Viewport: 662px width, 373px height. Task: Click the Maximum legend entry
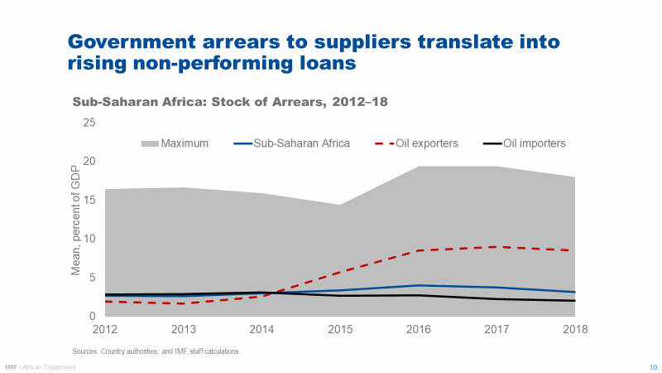(175, 143)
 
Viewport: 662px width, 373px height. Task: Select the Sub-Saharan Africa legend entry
(292, 143)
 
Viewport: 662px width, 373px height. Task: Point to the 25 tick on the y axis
(89, 123)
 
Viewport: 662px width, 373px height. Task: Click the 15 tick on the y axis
(89, 200)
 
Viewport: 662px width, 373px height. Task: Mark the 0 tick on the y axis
(93, 316)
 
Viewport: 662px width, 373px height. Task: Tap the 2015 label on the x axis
(340, 330)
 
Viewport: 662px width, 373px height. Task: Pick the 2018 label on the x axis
(574, 330)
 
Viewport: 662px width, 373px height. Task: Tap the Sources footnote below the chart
(158, 352)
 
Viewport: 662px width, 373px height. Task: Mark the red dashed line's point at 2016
(419, 250)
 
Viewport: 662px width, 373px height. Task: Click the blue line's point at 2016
(419, 285)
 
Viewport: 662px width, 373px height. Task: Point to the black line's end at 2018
(574, 301)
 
